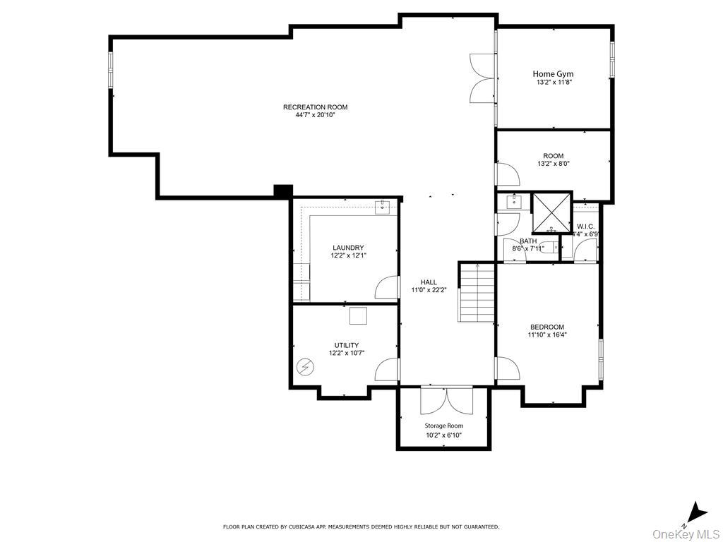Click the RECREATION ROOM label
click(x=315, y=107)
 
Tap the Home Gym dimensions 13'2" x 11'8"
click(x=553, y=83)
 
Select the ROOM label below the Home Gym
click(x=553, y=156)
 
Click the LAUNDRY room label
click(x=348, y=248)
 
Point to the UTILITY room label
click(x=347, y=345)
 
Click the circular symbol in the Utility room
click(x=305, y=366)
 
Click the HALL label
click(x=429, y=282)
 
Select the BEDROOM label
click(x=547, y=327)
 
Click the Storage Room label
click(x=443, y=426)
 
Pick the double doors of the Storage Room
click(x=446, y=400)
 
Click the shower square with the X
click(x=550, y=212)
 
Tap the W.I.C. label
click(x=585, y=227)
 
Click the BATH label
click(x=528, y=241)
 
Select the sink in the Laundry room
click(x=384, y=207)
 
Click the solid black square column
click(x=283, y=191)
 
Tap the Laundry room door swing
click(x=387, y=288)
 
